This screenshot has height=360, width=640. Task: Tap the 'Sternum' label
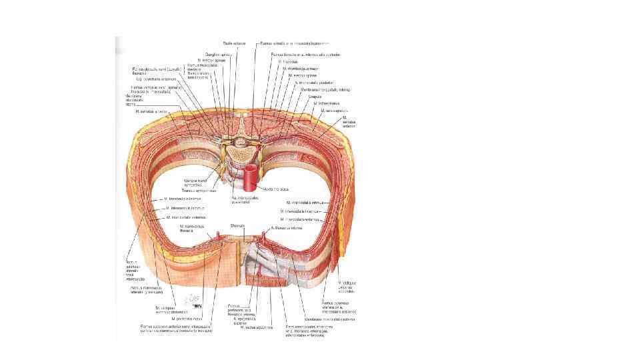tap(238, 226)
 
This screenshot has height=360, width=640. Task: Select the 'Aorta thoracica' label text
tap(275, 189)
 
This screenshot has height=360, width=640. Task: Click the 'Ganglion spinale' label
tap(219, 54)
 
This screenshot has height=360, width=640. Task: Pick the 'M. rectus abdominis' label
tap(257, 327)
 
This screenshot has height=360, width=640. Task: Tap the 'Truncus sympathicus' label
tap(200, 190)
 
